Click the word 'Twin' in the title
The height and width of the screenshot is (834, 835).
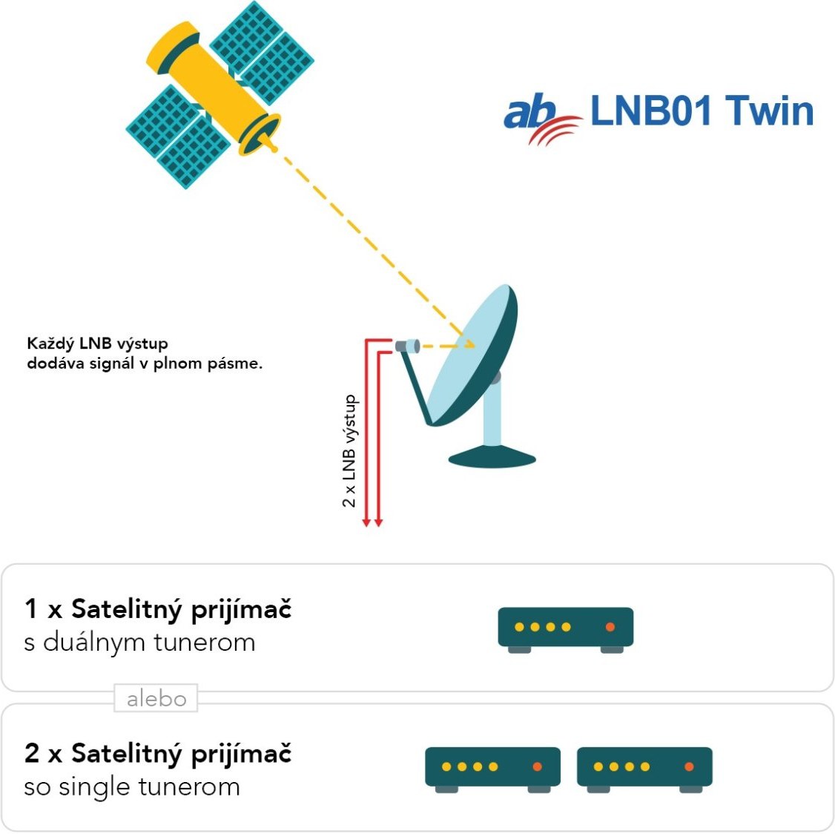point(769,111)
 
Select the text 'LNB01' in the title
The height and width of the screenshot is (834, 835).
point(650,111)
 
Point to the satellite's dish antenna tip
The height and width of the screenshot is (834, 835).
point(273,148)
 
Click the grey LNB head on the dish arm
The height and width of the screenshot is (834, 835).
point(407,345)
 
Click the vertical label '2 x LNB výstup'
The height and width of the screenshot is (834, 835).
point(349,451)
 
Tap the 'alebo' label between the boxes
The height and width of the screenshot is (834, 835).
point(156,698)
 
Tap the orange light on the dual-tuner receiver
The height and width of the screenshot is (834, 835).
point(610,627)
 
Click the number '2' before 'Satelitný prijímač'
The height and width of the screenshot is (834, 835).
point(31,753)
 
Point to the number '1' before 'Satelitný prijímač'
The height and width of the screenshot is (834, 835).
point(31,609)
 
